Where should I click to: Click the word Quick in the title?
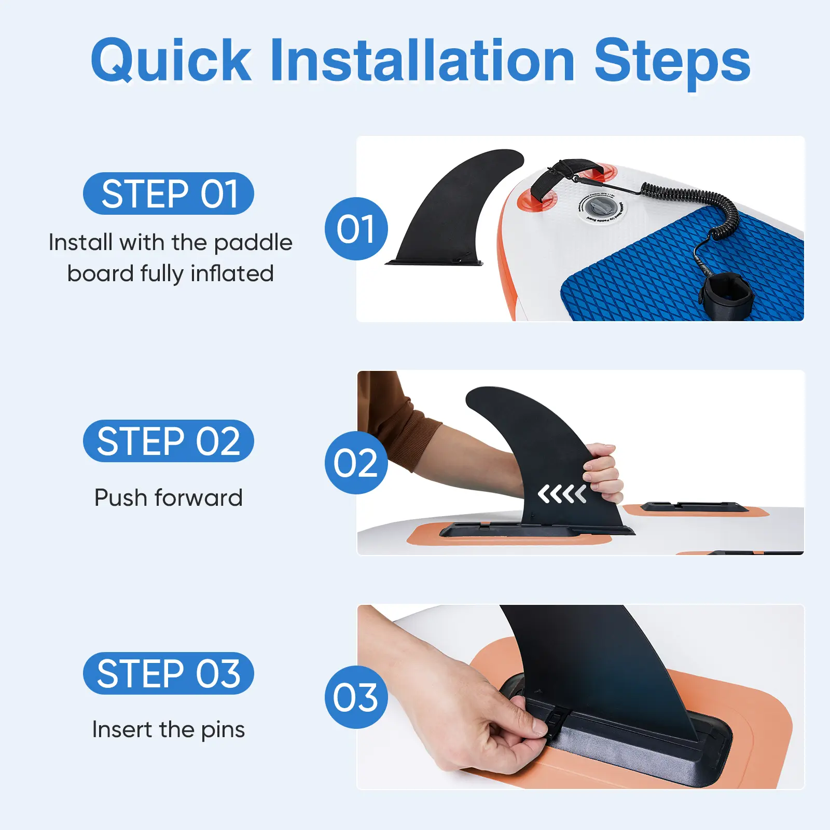(171, 61)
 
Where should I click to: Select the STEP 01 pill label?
(169, 193)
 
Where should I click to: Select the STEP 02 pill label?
(169, 441)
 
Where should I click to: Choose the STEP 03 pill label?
(169, 673)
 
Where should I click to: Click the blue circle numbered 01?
(356, 229)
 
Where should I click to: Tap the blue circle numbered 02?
(356, 463)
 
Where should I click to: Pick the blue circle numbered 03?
(356, 697)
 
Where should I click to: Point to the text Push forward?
(169, 497)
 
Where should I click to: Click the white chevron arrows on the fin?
(562, 494)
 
